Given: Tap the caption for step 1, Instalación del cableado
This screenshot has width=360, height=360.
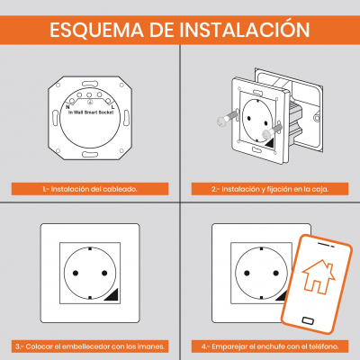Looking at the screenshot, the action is click(x=90, y=189).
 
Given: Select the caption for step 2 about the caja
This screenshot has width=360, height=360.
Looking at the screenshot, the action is click(x=270, y=189).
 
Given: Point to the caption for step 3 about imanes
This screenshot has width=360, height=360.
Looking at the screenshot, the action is click(x=90, y=346).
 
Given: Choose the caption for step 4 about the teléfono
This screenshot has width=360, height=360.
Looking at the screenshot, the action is click(x=270, y=346).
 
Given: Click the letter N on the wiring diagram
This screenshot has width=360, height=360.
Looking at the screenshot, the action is click(x=67, y=107).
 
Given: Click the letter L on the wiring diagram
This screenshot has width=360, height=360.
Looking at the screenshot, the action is click(x=112, y=107).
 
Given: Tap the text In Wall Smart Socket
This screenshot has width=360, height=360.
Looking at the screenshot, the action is click(x=91, y=112).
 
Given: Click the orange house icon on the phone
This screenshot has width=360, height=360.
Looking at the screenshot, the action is click(x=319, y=276).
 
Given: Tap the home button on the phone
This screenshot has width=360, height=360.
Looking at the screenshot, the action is click(x=308, y=320).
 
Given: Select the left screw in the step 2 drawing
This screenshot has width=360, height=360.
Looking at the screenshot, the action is click(x=227, y=118).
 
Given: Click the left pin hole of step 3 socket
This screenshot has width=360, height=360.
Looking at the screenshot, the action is click(x=76, y=273).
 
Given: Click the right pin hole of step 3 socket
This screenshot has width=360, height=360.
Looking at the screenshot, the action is click(x=104, y=273).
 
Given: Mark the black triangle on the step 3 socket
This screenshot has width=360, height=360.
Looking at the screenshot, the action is click(x=113, y=296).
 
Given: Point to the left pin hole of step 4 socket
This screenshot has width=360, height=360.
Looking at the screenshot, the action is click(x=247, y=273).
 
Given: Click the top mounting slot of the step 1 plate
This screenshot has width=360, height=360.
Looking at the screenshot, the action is click(x=90, y=83).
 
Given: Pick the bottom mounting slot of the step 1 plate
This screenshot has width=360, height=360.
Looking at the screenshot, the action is click(x=90, y=155).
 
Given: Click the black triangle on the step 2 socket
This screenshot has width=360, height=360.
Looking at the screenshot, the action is click(x=270, y=144).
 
